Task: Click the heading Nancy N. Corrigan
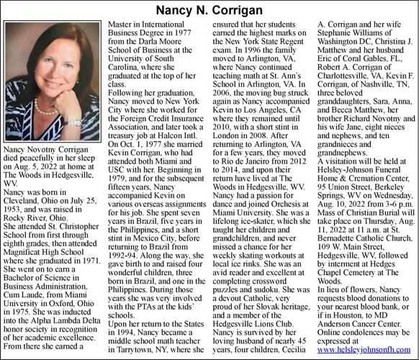point(209,10)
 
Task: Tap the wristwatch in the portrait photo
point(73,122)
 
